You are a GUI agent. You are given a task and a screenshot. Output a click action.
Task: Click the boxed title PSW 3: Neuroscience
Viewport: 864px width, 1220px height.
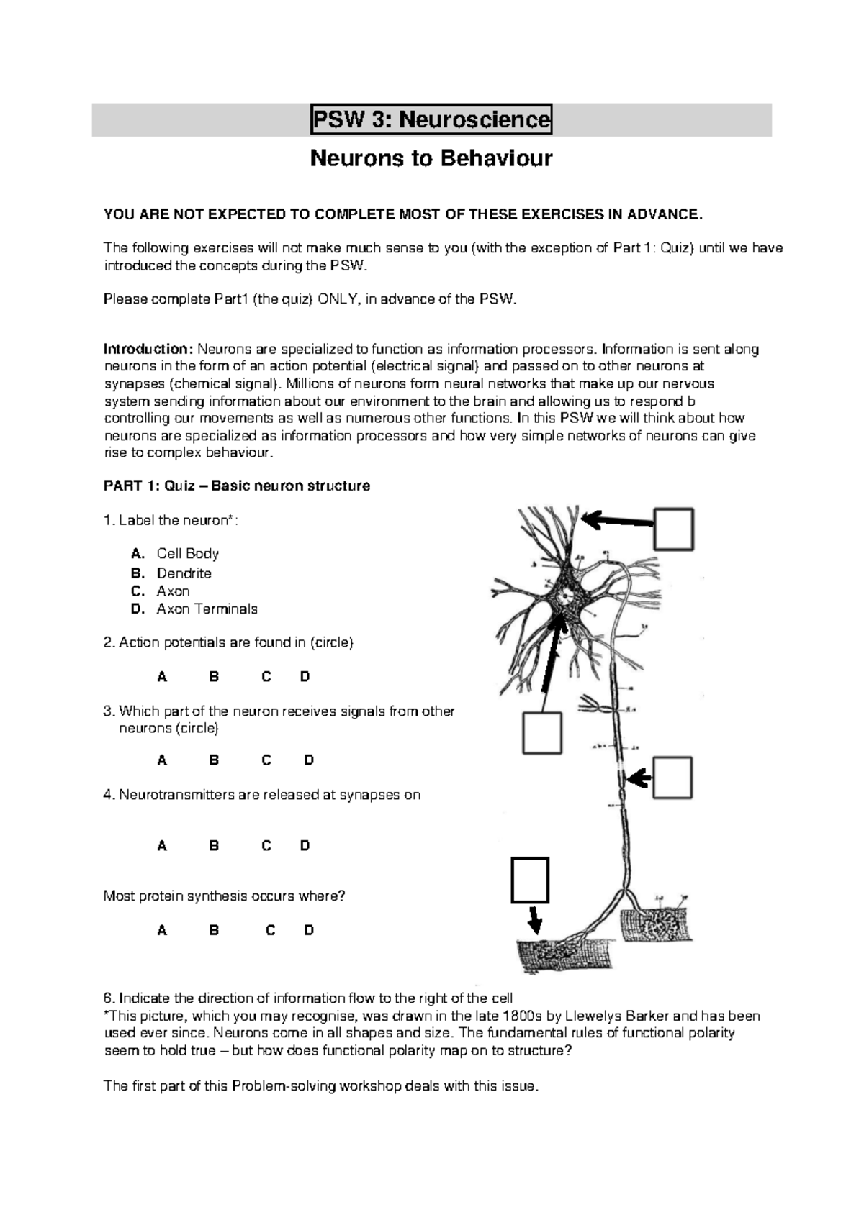click(x=431, y=119)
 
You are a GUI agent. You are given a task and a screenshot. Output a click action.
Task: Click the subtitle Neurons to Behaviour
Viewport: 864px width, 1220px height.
click(x=431, y=158)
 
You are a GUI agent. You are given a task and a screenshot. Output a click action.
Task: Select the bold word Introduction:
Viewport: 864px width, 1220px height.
click(x=148, y=350)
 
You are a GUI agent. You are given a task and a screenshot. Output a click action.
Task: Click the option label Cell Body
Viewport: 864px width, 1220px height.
click(x=187, y=553)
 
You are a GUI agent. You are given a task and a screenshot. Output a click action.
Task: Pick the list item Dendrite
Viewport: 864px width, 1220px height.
click(x=184, y=573)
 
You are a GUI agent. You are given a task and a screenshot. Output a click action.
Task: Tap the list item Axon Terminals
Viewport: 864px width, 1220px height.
click(x=207, y=609)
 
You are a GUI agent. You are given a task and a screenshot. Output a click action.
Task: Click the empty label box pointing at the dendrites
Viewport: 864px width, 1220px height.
click(x=673, y=529)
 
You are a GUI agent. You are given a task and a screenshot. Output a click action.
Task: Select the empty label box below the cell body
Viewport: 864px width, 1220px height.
click(x=541, y=733)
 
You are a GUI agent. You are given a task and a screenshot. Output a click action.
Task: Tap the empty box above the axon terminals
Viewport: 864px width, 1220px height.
click(x=530, y=880)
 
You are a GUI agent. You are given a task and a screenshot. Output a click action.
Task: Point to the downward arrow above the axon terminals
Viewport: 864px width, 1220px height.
click(x=534, y=919)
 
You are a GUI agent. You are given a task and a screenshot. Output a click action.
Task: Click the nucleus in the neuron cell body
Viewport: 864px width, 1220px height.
click(x=567, y=596)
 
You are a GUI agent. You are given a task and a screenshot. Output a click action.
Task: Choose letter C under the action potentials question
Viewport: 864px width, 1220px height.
click(x=266, y=677)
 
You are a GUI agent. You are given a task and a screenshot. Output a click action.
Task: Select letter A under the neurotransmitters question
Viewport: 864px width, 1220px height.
click(x=162, y=846)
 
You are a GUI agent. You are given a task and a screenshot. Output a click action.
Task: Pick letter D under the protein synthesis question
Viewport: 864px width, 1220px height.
click(x=309, y=930)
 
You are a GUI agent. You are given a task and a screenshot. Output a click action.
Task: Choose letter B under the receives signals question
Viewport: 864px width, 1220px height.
click(x=214, y=760)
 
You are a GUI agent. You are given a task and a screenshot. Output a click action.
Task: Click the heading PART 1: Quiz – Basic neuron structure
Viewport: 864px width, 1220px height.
click(x=237, y=486)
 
